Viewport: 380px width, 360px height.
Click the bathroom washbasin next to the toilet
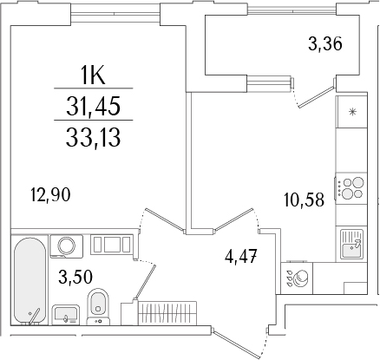(x=65, y=313)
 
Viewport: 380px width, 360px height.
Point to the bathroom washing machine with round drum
(x=63, y=245)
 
